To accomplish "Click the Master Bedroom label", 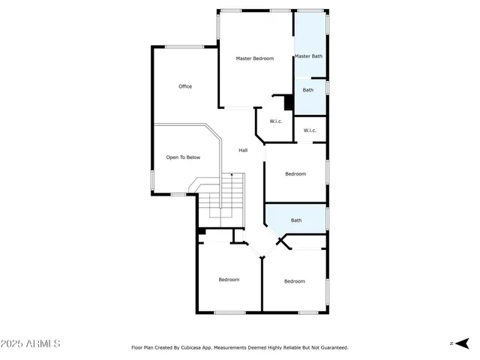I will click(x=254, y=58).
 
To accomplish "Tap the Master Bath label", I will click(x=308, y=56).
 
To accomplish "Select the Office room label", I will click(x=185, y=87).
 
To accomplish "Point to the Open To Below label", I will click(x=183, y=157).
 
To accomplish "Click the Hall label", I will click(x=243, y=151).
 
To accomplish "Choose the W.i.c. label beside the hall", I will click(x=275, y=121).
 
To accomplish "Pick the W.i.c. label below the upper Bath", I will click(x=310, y=131).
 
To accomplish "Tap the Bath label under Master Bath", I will click(x=308, y=91).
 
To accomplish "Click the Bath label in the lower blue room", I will click(x=296, y=220).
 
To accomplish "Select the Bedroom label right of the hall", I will click(x=295, y=174).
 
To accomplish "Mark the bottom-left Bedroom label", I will click(x=229, y=280).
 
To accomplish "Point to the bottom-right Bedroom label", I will click(x=294, y=281).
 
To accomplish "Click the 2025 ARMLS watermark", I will click(x=31, y=343).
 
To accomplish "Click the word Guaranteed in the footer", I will click(x=332, y=348).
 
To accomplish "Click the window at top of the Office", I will click(x=184, y=47).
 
